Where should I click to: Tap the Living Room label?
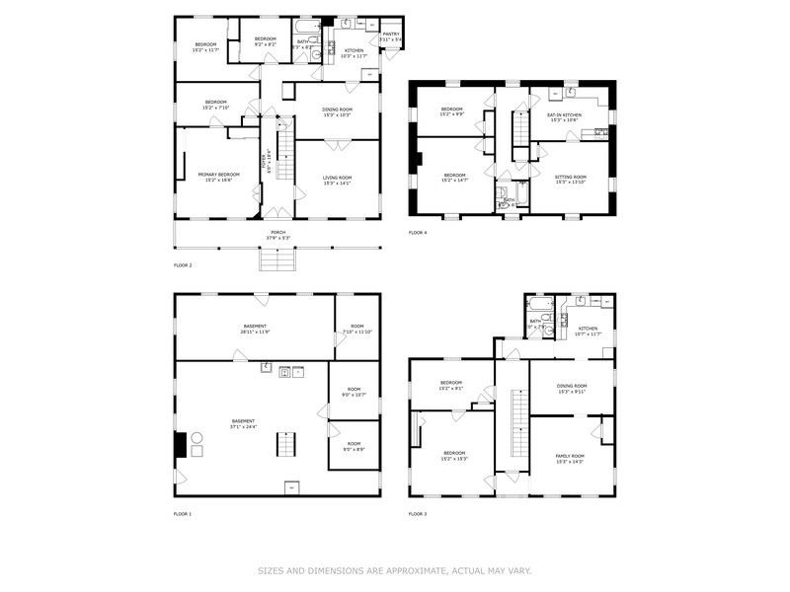(x=337, y=180)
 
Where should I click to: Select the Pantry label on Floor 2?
(x=391, y=36)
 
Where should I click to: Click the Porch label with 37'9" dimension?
(x=278, y=235)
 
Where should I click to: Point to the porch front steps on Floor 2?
(x=278, y=259)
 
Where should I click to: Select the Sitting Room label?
(x=570, y=179)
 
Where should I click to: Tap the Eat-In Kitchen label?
(x=568, y=116)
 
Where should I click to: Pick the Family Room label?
(x=570, y=459)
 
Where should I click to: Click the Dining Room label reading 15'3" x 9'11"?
(x=571, y=388)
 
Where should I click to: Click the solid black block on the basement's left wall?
(x=180, y=445)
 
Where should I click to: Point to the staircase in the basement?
(x=284, y=445)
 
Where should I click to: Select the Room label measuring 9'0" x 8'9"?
(x=354, y=446)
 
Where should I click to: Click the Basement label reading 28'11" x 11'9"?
(x=255, y=329)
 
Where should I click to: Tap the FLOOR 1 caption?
(x=183, y=514)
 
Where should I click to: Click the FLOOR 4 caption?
(x=418, y=233)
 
